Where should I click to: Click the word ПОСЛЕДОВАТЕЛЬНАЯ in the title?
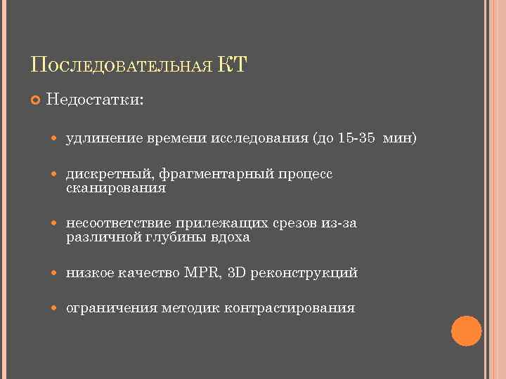click(121, 66)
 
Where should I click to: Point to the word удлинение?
click(105, 138)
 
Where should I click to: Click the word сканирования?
click(116, 188)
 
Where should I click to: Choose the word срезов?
click(298, 223)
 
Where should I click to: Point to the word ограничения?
click(112, 307)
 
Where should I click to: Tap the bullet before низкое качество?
click(56, 273)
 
